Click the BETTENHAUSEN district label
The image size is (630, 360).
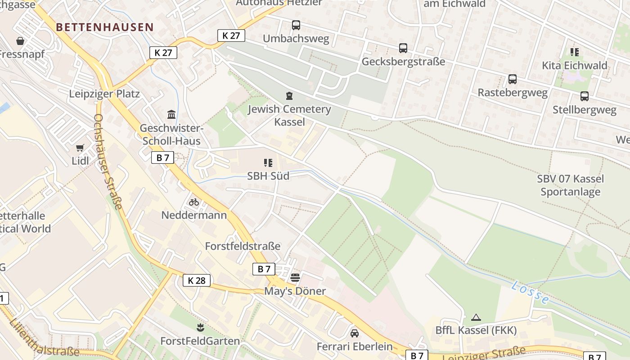coord(105,27)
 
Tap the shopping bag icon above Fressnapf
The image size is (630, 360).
coord(20,41)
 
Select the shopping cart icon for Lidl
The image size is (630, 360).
coord(80,148)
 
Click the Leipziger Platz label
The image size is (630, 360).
coord(104,94)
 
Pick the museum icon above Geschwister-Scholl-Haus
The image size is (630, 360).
coord(171,114)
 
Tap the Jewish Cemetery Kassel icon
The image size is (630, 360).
coord(289,95)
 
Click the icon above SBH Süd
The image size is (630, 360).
coord(268,162)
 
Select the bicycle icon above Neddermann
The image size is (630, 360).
coord(194,202)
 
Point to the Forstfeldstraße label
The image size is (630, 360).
coord(243,246)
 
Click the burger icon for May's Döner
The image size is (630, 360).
coord(295,278)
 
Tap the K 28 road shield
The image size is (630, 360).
coord(197,280)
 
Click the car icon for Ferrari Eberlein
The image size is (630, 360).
coord(355,333)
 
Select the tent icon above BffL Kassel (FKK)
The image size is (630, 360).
coord(476,317)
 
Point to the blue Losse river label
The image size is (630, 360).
coord(531,292)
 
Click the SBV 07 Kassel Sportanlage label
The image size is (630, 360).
coord(570,185)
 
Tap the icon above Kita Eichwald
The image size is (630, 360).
coord(574,52)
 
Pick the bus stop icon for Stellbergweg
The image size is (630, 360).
coord(584,96)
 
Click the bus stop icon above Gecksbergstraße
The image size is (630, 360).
coord(403,48)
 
